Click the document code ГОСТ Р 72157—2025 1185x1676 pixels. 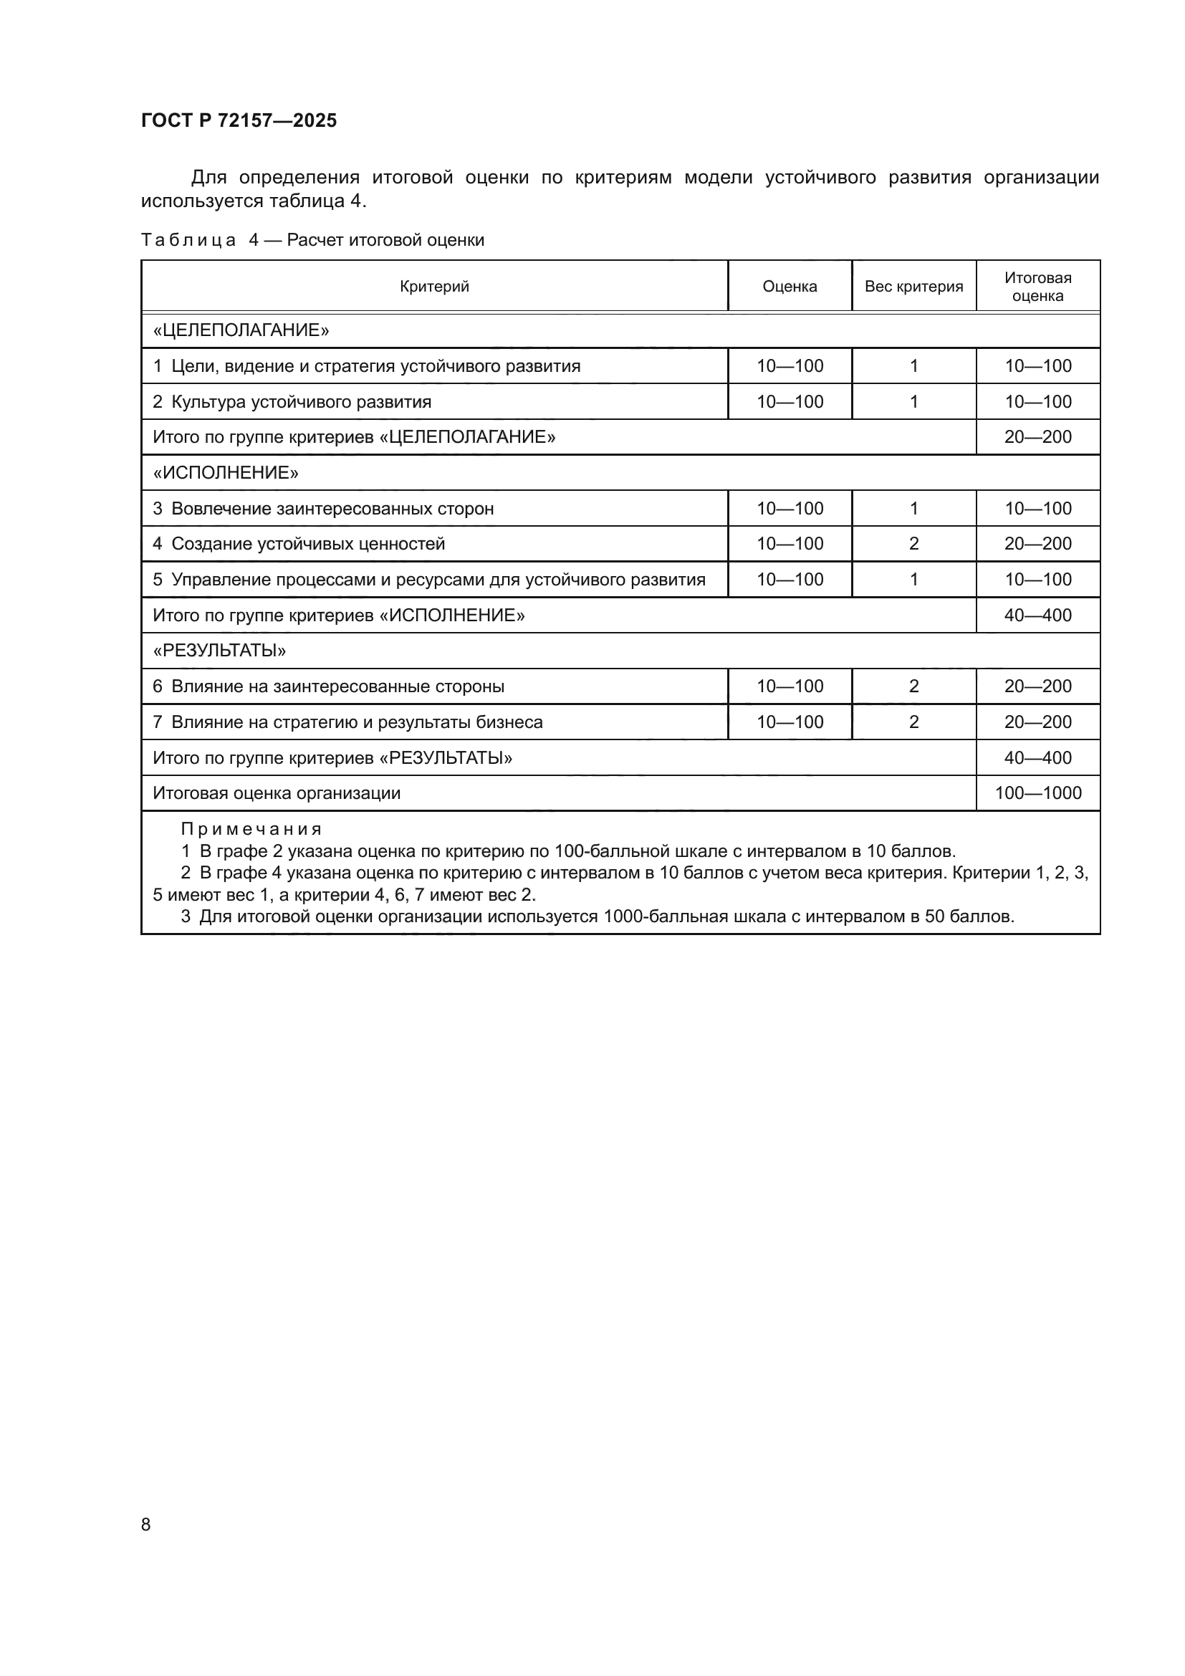click(x=239, y=120)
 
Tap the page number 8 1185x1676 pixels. click(x=146, y=1524)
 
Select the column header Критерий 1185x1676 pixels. click(x=434, y=287)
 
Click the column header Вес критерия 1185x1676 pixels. click(x=913, y=287)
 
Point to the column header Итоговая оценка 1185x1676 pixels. click(x=1037, y=287)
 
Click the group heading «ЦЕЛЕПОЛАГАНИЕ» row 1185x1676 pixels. click(x=241, y=330)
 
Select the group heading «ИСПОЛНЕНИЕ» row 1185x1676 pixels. click(x=226, y=473)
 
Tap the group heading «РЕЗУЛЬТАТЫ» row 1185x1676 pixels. click(x=219, y=651)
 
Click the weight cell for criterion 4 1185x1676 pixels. click(x=913, y=544)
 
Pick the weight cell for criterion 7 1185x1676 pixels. click(x=913, y=722)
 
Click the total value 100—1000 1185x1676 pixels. click(x=1037, y=793)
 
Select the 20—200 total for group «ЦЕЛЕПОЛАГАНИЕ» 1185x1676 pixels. click(x=1037, y=437)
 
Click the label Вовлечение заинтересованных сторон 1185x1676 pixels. click(x=332, y=509)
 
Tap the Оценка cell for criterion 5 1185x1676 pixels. click(x=790, y=580)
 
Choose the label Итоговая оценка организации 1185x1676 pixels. click(x=277, y=793)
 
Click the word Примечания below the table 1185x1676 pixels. click(x=251, y=829)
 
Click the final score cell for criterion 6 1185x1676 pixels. click(x=1037, y=686)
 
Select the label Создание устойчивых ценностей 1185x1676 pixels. click(x=307, y=544)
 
